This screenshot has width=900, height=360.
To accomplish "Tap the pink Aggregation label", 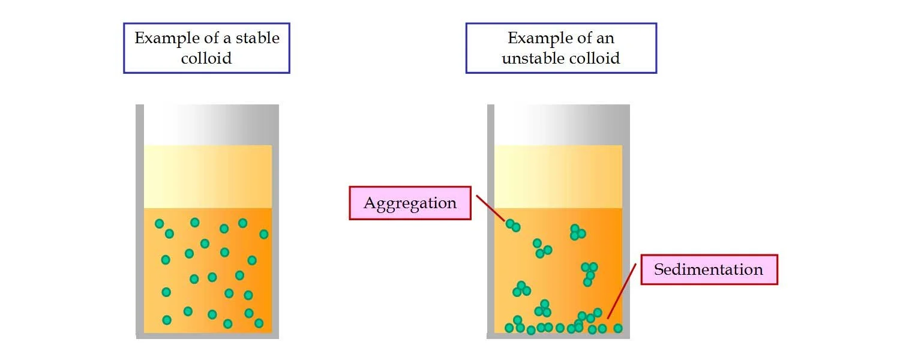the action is coord(410,203).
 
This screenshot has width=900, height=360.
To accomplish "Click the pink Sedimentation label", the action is coord(709,269).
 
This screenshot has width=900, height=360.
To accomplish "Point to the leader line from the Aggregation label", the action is coord(491,208).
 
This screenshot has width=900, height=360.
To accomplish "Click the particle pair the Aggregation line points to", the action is coord(513,226).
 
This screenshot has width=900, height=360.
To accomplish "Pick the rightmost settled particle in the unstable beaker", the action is coord(617,328).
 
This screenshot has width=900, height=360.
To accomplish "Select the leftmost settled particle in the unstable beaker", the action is coord(509,328).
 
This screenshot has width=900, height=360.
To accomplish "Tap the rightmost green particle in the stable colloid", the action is coord(263,234).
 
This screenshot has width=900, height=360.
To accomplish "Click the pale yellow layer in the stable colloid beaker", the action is coord(208,177).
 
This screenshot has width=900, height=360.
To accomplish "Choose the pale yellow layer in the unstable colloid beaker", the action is coord(558,177).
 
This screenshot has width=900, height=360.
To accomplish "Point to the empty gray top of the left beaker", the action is coord(208,125).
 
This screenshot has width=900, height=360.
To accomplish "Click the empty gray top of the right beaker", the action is coord(558,125).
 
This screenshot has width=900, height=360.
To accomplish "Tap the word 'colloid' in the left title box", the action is coord(206,58).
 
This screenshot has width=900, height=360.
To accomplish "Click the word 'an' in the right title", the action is coord(605,38).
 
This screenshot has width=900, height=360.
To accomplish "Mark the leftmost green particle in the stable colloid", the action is coord(159,224).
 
